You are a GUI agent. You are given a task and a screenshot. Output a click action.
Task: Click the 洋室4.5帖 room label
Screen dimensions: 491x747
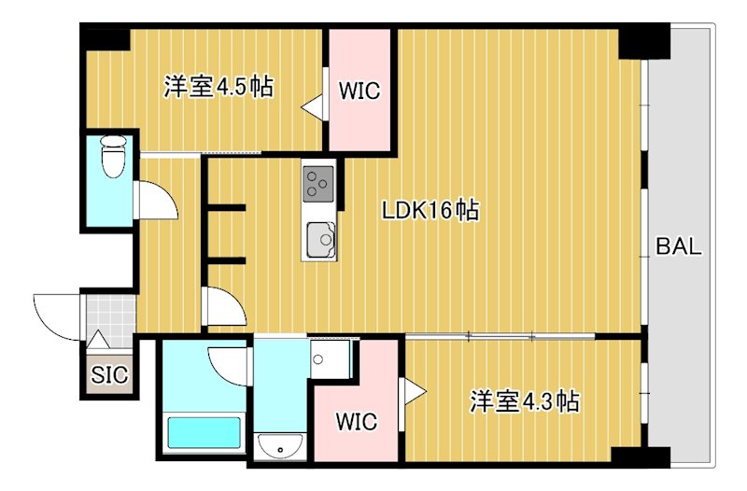coord(218,88)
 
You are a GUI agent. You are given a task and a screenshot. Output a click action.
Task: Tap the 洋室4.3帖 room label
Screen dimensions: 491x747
coord(525,402)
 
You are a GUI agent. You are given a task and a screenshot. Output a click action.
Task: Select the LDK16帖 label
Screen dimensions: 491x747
coord(430,211)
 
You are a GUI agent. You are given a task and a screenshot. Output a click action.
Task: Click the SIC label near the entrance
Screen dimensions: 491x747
coord(109,375)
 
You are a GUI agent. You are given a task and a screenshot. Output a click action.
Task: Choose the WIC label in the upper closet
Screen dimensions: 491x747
coord(359,91)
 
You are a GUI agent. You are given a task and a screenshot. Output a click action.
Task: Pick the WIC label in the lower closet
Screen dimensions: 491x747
coord(357,422)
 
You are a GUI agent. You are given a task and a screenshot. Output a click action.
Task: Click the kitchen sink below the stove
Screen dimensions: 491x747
coord(319,241)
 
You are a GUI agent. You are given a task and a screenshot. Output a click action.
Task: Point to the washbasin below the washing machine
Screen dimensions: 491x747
coord(280,447)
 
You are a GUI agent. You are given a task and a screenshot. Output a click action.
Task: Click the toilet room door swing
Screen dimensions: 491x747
coord(157,199)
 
